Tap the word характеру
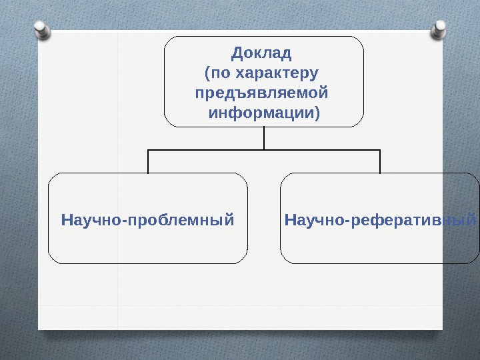pos(277,71)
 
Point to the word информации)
pos(264,111)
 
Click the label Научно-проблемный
pos(147,218)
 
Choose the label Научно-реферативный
pos(381,218)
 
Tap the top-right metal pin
pos(439,29)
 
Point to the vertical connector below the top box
pos(264,138)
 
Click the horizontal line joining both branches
pos(264,150)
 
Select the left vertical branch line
pos(148,161)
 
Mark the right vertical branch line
pos(380,161)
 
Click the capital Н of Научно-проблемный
pos(66,218)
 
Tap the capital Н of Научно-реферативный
pos(290,218)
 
